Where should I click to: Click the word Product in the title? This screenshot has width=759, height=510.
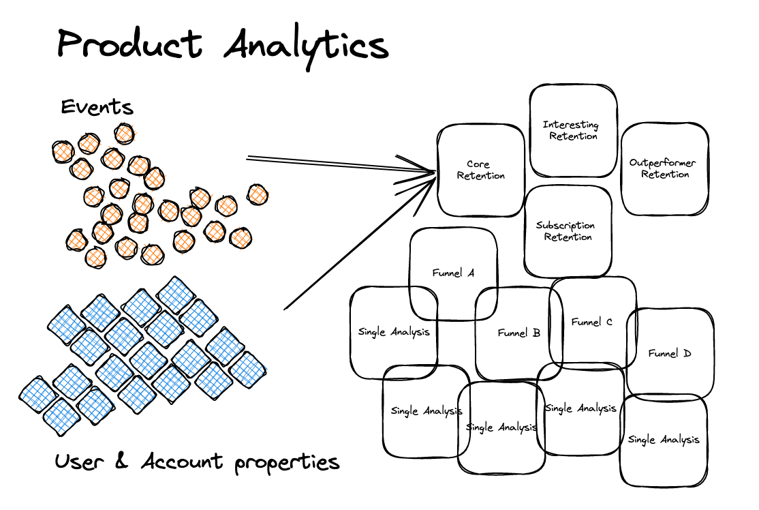click(129, 44)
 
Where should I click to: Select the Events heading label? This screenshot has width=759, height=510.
click(97, 108)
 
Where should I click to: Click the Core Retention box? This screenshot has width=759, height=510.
click(480, 170)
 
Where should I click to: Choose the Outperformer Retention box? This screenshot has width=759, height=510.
click(663, 168)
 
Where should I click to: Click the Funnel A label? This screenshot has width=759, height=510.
click(453, 273)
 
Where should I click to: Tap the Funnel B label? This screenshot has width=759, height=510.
click(518, 333)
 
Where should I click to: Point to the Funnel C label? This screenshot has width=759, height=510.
click(591, 322)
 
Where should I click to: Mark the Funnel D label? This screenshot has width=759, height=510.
click(669, 354)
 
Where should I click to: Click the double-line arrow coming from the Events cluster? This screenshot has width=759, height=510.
click(327, 164)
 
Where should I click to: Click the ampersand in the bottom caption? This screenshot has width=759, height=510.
click(122, 462)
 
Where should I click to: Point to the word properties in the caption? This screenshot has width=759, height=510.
click(286, 464)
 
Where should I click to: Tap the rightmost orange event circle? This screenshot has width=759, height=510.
click(258, 195)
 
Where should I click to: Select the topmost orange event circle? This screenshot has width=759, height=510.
click(124, 133)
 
